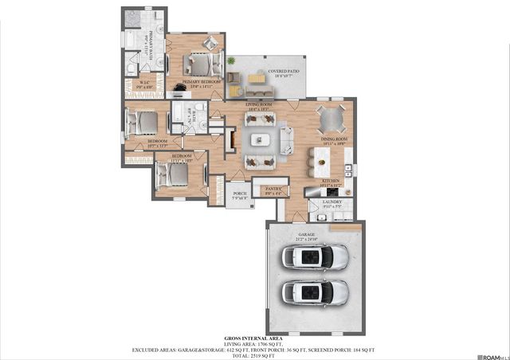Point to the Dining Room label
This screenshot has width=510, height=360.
point(331,141)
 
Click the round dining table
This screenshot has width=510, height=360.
point(331,120)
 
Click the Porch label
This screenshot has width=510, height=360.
point(238,194)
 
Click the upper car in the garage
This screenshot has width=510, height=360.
point(316,257)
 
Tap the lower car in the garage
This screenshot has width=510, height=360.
point(316,292)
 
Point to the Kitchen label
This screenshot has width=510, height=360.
point(331,182)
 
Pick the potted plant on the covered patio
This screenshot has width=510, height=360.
point(229,61)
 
